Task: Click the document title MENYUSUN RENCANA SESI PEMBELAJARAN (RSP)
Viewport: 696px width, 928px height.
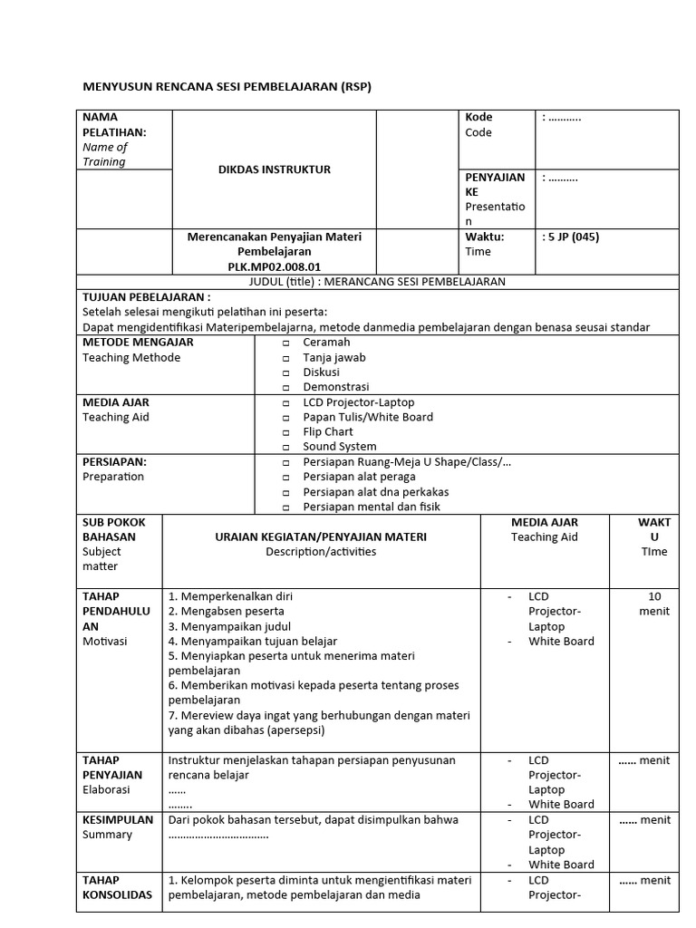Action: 227,86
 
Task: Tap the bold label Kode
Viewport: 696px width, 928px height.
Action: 478,117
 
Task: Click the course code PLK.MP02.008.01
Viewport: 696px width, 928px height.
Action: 274,266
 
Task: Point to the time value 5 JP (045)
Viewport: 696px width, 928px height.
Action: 571,237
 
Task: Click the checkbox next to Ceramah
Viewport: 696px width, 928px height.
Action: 285,343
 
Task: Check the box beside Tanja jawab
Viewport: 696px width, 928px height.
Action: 285,358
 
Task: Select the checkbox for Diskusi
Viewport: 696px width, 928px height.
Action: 285,372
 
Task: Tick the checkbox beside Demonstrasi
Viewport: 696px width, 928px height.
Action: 285,388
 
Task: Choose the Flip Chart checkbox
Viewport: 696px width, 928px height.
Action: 285,432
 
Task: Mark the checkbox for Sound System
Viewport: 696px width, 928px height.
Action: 285,448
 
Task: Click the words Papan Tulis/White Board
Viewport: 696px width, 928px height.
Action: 368,417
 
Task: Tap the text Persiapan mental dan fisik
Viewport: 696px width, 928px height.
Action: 372,507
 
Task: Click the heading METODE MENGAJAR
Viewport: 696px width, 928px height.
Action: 138,343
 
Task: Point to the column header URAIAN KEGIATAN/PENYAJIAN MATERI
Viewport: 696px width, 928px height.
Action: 321,536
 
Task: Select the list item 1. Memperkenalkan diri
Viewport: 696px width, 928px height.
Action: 230,596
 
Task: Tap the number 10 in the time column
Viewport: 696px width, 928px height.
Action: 654,596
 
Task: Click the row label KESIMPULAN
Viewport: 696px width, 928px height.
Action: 118,820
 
